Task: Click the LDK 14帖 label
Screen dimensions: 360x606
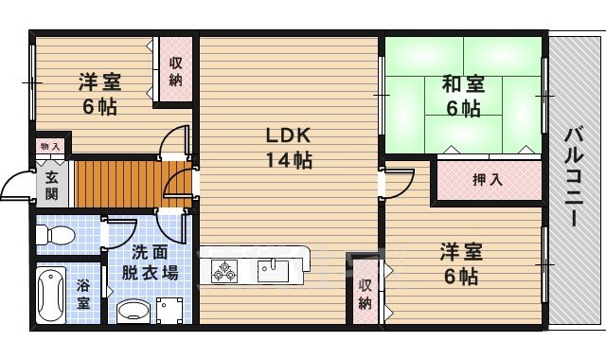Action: (x=288, y=147)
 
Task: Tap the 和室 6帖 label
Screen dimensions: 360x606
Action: (x=463, y=96)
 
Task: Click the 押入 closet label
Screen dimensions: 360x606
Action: (x=487, y=179)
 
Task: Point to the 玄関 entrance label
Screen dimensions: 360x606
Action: (x=51, y=185)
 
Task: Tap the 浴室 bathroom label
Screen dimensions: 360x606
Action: (x=83, y=295)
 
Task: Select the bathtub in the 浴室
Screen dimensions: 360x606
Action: (x=50, y=294)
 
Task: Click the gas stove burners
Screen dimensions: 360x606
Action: (x=225, y=271)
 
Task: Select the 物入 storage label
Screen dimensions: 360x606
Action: (x=50, y=146)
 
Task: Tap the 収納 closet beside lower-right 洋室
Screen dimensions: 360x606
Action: (x=365, y=294)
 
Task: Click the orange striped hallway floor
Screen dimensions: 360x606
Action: (x=114, y=182)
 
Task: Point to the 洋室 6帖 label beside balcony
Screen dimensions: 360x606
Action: (x=460, y=264)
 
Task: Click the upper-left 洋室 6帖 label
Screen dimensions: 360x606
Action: (x=98, y=94)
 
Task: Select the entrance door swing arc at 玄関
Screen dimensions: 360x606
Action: (x=15, y=187)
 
